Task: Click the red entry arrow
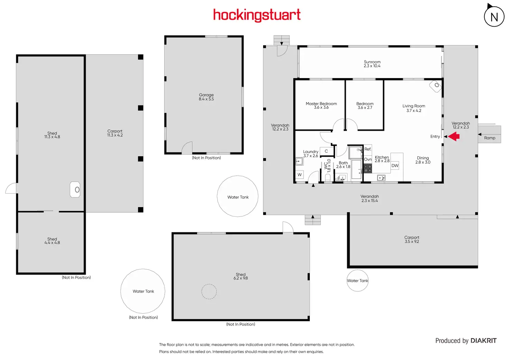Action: click(x=454, y=137)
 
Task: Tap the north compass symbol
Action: click(x=494, y=17)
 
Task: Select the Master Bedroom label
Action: click(x=321, y=104)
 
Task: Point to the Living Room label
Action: click(x=414, y=106)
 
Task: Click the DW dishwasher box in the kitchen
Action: click(x=395, y=166)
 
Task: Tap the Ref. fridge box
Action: click(x=368, y=149)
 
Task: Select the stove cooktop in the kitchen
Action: click(x=368, y=168)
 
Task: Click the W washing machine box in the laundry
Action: click(x=299, y=175)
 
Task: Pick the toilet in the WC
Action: click(x=328, y=177)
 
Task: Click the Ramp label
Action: click(x=490, y=138)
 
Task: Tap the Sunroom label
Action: click(x=372, y=62)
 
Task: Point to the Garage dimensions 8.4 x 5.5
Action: click(x=206, y=99)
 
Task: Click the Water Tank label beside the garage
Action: click(x=238, y=197)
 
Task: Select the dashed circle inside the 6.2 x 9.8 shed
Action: click(x=209, y=292)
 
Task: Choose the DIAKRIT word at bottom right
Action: click(x=483, y=341)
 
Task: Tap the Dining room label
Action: click(x=423, y=158)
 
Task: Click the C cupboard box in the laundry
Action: click(x=326, y=151)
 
